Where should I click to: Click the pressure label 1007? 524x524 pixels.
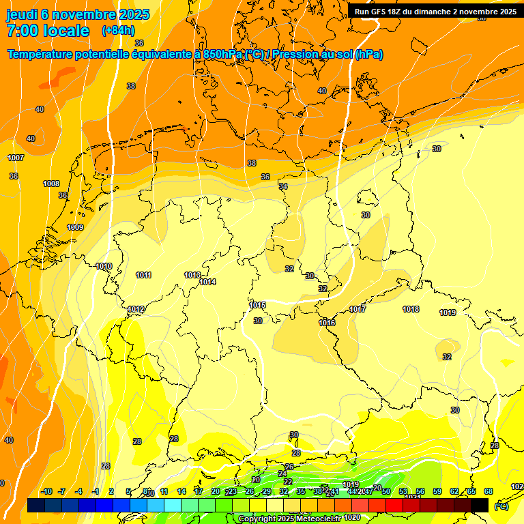[x=16, y=158]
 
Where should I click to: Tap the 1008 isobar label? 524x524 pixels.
[x=51, y=184]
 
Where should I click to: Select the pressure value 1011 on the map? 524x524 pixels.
[x=143, y=275]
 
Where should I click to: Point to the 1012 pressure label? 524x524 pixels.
[x=136, y=309]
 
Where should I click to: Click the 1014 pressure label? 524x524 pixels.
[x=207, y=282]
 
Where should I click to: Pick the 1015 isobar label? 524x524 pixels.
[x=257, y=305]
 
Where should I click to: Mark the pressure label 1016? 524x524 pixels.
[x=327, y=323]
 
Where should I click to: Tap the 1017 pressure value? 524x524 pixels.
[x=358, y=309]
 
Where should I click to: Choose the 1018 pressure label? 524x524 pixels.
[x=411, y=309]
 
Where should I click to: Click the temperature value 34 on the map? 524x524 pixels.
[x=283, y=186]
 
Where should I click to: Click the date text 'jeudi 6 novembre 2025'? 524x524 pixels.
[x=70, y=14]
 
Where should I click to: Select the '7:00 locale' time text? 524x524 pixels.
[x=48, y=31]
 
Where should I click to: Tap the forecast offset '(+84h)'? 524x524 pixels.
[x=118, y=31]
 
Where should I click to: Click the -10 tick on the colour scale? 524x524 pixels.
[x=46, y=491]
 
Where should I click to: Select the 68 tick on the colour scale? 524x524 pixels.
[x=489, y=491]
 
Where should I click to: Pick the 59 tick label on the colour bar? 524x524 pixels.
[x=437, y=491]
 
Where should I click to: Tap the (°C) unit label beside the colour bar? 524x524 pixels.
[x=501, y=506]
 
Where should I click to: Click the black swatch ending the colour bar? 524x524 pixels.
[x=480, y=505]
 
